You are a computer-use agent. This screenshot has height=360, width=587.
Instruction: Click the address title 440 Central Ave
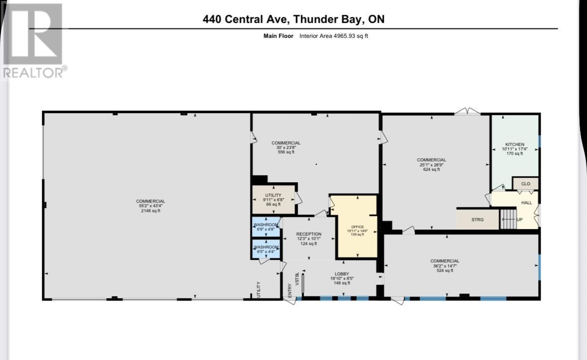pyautogui.click(x=293, y=19)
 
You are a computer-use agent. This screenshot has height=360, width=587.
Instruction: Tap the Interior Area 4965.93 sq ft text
pyautogui.click(x=334, y=36)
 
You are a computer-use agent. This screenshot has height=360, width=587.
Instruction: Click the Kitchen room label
pyautogui.click(x=514, y=144)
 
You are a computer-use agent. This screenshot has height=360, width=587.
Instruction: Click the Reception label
pyautogui.click(x=309, y=234)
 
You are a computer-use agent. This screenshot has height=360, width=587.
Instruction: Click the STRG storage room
pyautogui.click(x=477, y=219)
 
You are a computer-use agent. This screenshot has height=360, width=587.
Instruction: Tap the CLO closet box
pyautogui.click(x=525, y=184)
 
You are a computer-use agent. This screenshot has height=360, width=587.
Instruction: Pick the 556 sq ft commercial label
pyautogui.click(x=286, y=152)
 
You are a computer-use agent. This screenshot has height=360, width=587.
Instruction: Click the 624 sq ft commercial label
pyautogui.click(x=431, y=169)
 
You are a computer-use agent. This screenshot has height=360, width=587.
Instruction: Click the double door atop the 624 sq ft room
pyautogui.click(x=467, y=112)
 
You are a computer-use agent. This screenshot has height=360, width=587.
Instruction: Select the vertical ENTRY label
pyautogui.click(x=290, y=290)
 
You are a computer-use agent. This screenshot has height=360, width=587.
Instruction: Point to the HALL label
pyautogui.click(x=526, y=203)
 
